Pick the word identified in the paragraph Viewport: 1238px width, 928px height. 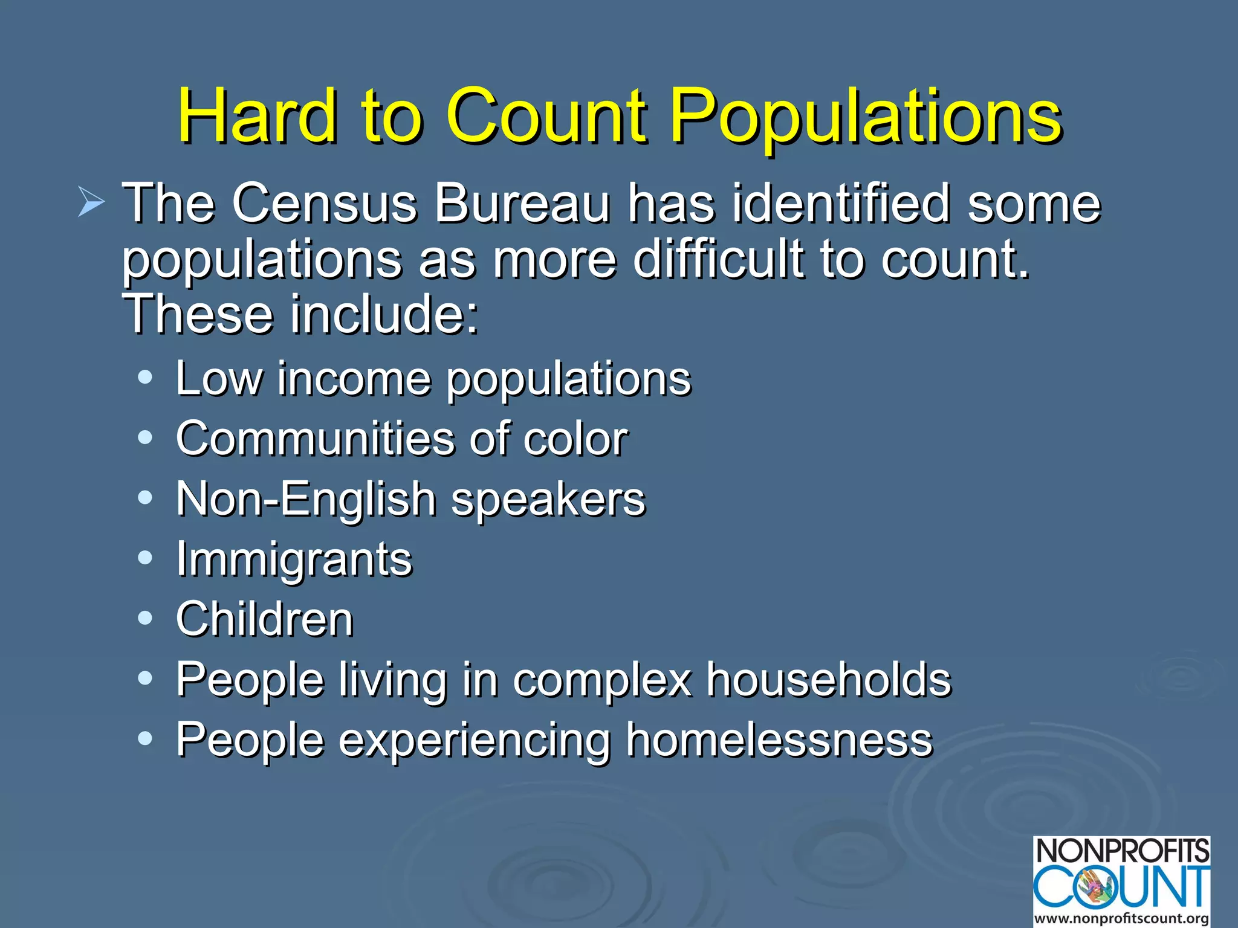tap(841, 203)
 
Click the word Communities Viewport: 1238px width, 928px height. tap(315, 438)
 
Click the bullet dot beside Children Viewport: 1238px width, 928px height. tap(145, 618)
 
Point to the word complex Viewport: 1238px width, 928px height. tap(602, 680)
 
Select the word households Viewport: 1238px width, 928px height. tap(829, 680)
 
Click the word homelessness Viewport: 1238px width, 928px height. tap(779, 739)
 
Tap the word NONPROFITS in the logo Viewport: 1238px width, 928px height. tap(1123, 851)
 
